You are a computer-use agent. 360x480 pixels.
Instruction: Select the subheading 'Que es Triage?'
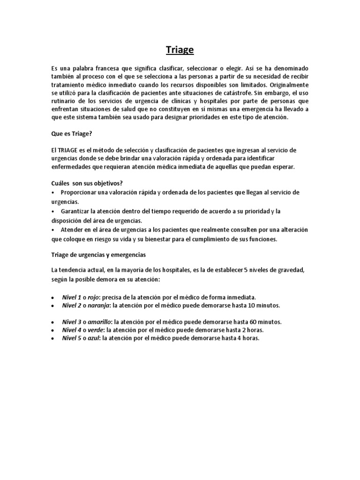coord(72,134)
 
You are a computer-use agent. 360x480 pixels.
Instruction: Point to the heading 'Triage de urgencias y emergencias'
coord(98,255)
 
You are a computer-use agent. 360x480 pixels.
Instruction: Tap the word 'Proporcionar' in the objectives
coord(80,193)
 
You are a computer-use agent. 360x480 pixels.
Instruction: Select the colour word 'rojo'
coord(93,297)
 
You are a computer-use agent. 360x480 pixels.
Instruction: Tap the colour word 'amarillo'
coord(99,322)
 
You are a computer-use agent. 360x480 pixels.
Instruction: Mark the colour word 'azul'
coord(93,338)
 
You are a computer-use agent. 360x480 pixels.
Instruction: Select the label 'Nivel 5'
coord(72,338)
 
